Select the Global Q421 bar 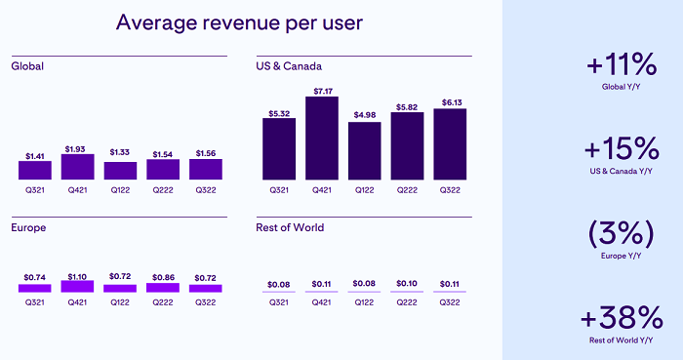tap(77, 167)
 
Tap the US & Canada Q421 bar tap(322, 138)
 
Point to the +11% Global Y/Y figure tap(623, 66)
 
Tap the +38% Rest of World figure tap(623, 318)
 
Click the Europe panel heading tap(30, 227)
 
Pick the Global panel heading tap(28, 66)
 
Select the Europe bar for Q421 tap(77, 287)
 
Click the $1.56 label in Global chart tap(206, 151)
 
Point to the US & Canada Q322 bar tap(450, 143)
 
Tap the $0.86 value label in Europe tap(163, 276)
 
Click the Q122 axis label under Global tap(120, 191)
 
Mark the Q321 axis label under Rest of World tap(279, 302)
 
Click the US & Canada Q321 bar tap(279, 148)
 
